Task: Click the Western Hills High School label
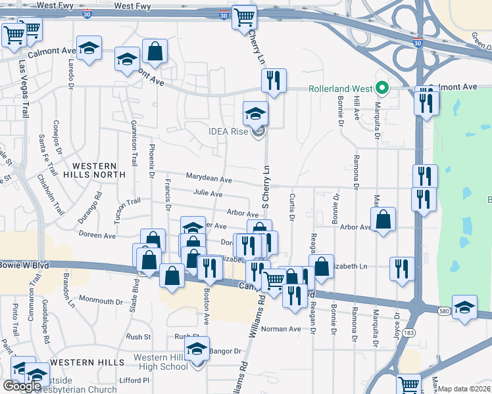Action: [x=161, y=362]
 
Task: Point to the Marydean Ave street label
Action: [x=209, y=179]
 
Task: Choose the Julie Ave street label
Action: [x=208, y=194]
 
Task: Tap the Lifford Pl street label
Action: [x=135, y=380]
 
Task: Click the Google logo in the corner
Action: [x=21, y=385]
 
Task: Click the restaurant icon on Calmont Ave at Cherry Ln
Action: [x=273, y=81]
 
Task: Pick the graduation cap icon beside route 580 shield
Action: [x=464, y=307]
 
